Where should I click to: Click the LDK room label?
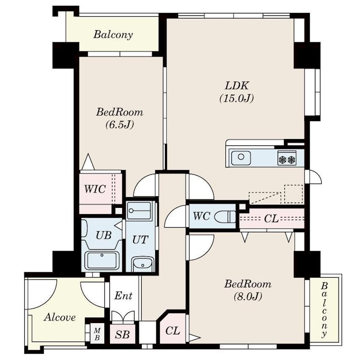coord(237,85)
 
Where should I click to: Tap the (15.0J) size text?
coord(237,99)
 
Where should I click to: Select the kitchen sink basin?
coord(241,158)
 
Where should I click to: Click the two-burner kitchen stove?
coord(287,158)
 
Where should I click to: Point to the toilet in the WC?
coord(225,216)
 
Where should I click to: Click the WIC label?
coord(95,189)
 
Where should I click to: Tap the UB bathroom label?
coord(103,235)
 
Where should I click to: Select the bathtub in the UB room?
coord(102,261)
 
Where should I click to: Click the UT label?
coord(140,240)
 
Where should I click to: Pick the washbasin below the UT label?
coord(143,264)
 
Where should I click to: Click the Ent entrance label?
coord(123,296)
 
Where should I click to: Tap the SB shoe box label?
coord(122,334)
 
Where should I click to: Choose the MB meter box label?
coord(97,334)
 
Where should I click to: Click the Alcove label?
coord(60,317)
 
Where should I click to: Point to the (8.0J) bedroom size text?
coord(248,297)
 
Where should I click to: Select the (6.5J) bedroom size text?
coord(120,125)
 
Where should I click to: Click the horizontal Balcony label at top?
coord(113,35)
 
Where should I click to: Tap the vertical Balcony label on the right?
coord(324,310)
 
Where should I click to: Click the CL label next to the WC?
coord(271,219)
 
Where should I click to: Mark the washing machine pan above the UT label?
coord(139,210)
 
